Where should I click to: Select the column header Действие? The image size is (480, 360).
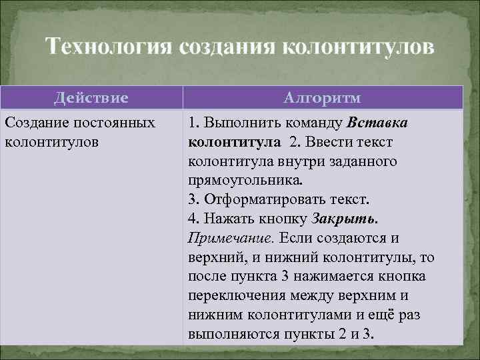[91, 98]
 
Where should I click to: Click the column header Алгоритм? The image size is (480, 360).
[322, 98]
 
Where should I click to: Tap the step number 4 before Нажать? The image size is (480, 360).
[193, 219]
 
